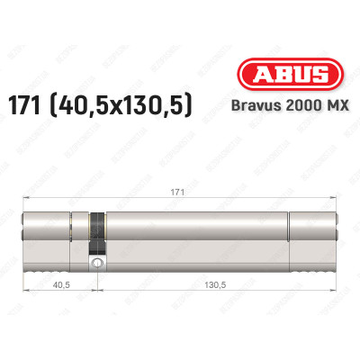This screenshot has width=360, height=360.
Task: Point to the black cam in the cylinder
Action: pyautogui.click(x=95, y=231)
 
